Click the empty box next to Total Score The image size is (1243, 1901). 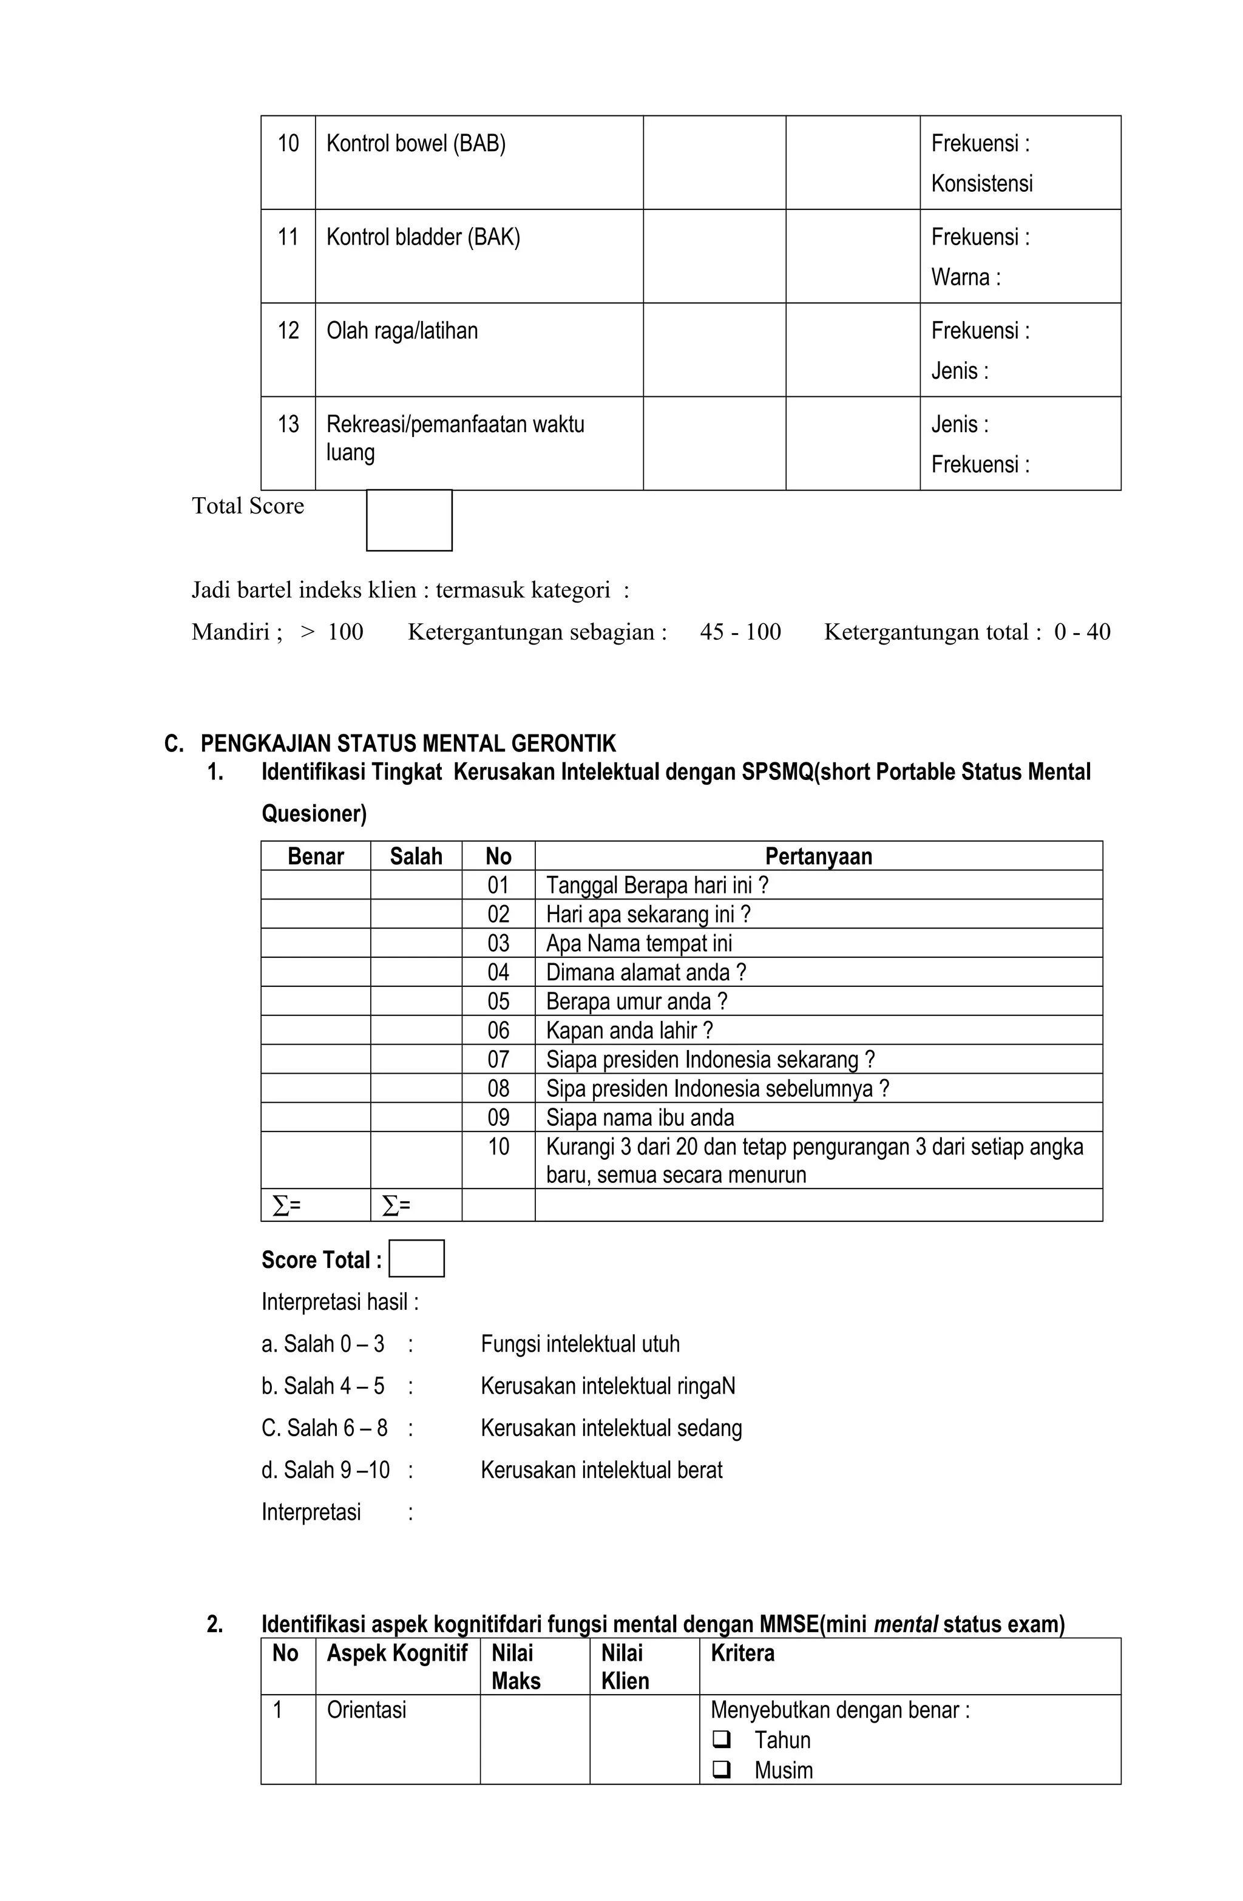[x=408, y=520]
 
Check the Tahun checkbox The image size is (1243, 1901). [x=720, y=1739]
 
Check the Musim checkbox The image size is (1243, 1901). [x=720, y=1769]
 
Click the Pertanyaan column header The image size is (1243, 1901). [x=818, y=856]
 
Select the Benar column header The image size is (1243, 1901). [x=315, y=856]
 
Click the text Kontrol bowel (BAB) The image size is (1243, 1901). [x=415, y=144]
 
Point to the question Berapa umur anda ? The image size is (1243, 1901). [x=636, y=1001]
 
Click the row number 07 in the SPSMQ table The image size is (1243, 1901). [x=498, y=1059]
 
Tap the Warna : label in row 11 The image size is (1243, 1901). [x=965, y=277]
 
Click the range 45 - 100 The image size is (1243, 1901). [x=740, y=632]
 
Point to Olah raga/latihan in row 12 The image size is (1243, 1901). [x=402, y=331]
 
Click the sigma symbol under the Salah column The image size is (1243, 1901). [x=391, y=1205]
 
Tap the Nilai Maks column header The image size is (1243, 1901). [x=515, y=1666]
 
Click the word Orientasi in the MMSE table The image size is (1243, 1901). [x=366, y=1709]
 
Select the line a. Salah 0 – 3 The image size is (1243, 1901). [x=323, y=1343]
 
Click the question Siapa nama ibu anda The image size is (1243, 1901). [x=639, y=1117]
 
